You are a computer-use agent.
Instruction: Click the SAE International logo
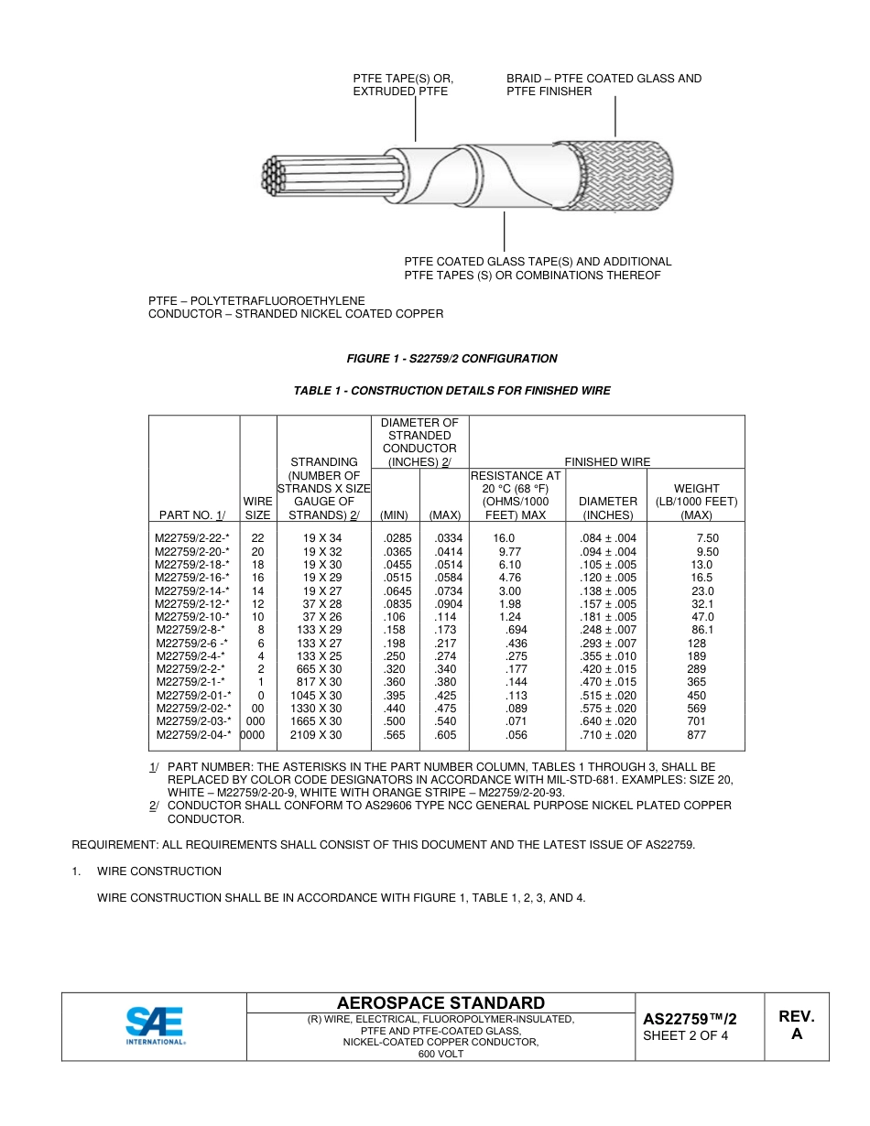point(155,1026)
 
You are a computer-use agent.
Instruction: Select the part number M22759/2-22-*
point(192,538)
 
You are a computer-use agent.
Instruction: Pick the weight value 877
point(696,735)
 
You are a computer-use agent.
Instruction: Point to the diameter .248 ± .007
point(608,630)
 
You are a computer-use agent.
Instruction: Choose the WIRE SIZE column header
point(257,508)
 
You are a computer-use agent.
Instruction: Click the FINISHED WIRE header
point(606,462)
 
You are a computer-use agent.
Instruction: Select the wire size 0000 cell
point(257,735)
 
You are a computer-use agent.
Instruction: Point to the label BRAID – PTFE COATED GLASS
point(604,79)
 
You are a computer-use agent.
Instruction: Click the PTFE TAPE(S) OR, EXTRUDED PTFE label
point(403,85)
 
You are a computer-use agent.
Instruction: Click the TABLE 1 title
point(451,391)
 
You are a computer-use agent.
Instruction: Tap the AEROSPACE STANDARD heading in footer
point(440,1003)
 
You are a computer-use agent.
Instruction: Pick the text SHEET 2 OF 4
point(685,1036)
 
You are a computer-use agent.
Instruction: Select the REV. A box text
point(796,1025)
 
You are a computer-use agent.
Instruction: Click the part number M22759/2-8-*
point(190,630)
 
